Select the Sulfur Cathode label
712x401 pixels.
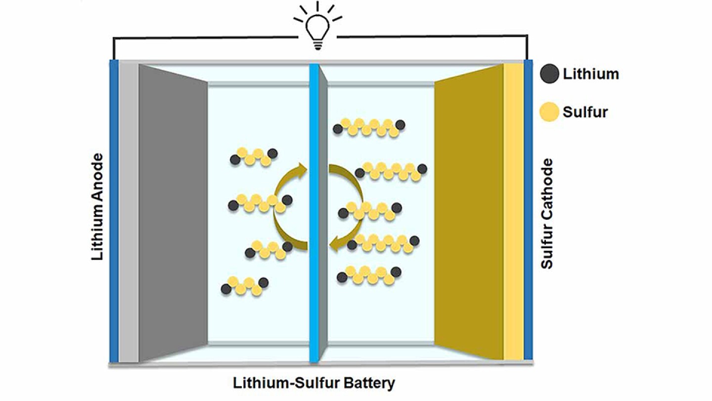point(546,213)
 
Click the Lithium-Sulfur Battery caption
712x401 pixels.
point(314,383)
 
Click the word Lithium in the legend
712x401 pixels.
point(590,74)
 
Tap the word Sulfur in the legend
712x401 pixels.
point(585,112)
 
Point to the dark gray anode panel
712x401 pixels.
point(173,213)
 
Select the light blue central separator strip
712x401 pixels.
point(313,213)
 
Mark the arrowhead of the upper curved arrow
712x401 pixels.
point(301,170)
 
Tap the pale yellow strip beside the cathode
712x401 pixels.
point(513,213)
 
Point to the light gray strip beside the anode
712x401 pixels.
point(129,213)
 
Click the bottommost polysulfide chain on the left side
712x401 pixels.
point(245,286)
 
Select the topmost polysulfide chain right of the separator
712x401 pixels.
point(369,127)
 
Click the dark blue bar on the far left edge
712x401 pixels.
point(114,213)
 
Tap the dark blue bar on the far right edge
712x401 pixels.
point(528,213)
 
